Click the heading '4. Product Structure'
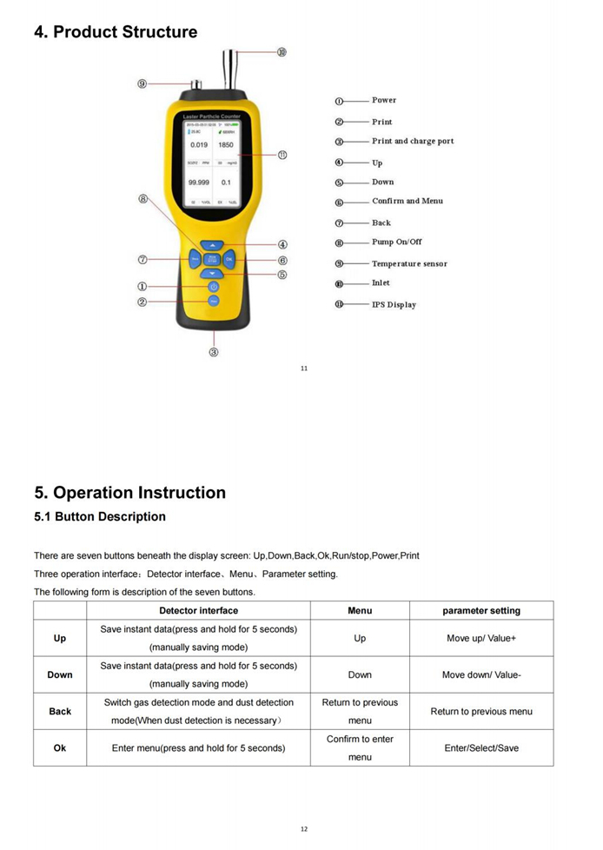pyautogui.click(x=116, y=32)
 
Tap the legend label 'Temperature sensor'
pyautogui.click(x=409, y=263)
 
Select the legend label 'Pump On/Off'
pyautogui.click(x=397, y=242)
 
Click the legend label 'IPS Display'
pyautogui.click(x=394, y=305)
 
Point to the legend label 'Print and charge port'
pyautogui.click(x=413, y=141)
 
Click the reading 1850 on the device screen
pyautogui.click(x=226, y=145)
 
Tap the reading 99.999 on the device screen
pyautogui.click(x=199, y=183)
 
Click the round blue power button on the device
pyautogui.click(x=214, y=287)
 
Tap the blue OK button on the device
pyautogui.click(x=229, y=259)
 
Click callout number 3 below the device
pyautogui.click(x=214, y=352)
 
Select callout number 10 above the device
pyautogui.click(x=282, y=53)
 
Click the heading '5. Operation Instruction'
pyautogui.click(x=130, y=493)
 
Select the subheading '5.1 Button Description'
pyautogui.click(x=100, y=517)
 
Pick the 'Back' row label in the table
pyautogui.click(x=60, y=711)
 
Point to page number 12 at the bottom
pyautogui.click(x=304, y=829)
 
